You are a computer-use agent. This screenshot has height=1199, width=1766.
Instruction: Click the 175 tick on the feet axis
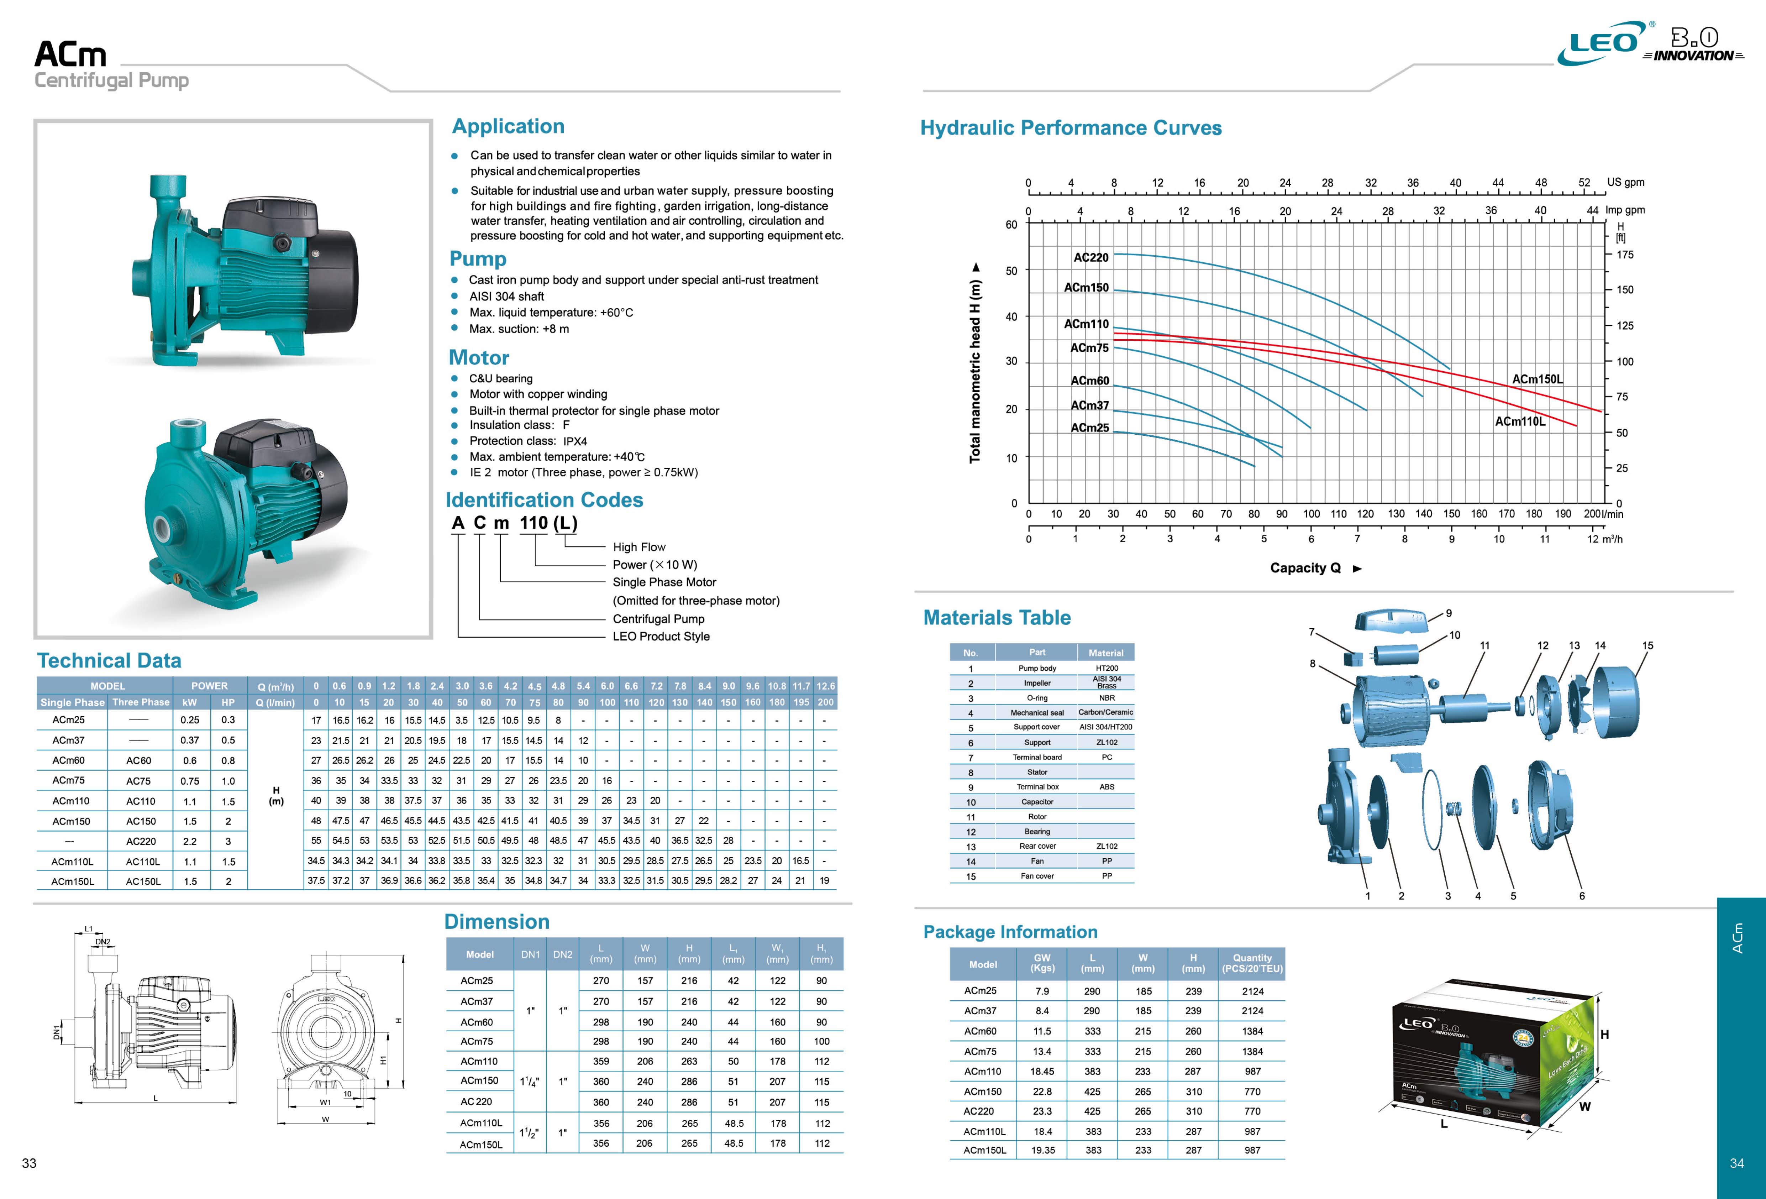tap(1625, 255)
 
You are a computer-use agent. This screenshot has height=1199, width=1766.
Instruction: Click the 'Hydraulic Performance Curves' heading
tap(1071, 128)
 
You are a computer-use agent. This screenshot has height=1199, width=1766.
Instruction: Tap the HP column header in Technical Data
tap(228, 702)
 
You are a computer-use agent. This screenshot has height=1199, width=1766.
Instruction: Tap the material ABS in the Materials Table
tap(1107, 787)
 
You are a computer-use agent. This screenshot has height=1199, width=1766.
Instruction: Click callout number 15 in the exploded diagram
tap(1647, 645)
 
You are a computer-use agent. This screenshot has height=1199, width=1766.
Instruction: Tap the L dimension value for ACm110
tap(601, 1061)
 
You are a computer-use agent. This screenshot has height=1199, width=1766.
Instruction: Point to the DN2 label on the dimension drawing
tap(103, 942)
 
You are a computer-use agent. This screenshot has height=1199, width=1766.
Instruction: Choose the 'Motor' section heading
tap(479, 358)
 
